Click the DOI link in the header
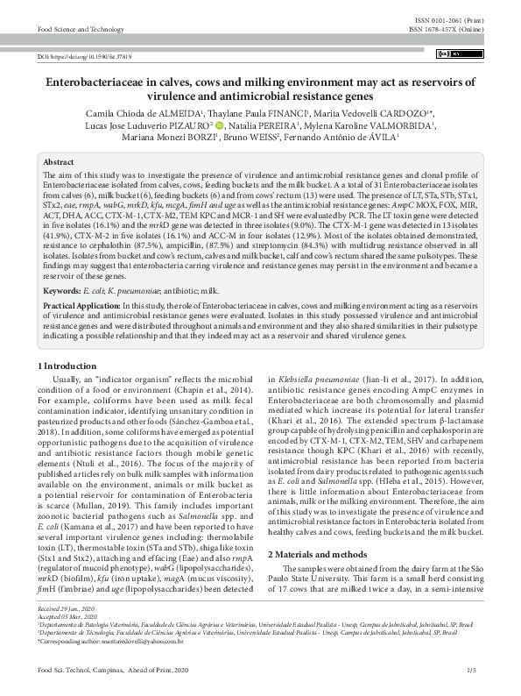(85, 56)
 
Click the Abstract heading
(59, 162)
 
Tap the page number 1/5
(472, 671)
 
